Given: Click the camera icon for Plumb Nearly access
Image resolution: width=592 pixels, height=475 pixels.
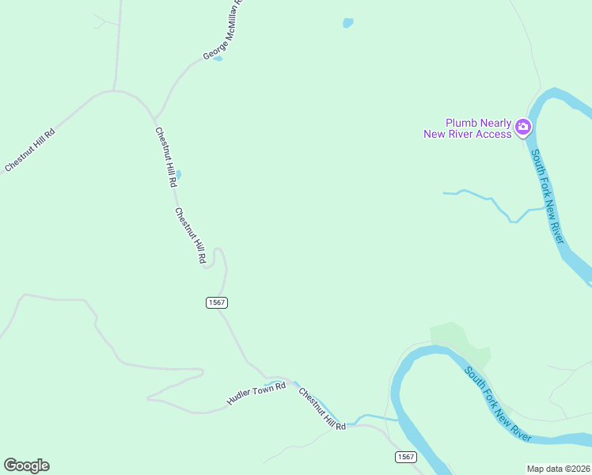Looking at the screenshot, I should tap(522, 127).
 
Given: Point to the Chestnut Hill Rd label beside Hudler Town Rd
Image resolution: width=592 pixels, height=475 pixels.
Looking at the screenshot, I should tap(322, 408).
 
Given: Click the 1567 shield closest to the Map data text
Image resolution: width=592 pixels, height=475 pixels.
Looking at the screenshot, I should tap(404, 458).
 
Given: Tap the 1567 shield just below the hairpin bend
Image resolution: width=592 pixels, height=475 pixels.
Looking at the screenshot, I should tap(217, 302).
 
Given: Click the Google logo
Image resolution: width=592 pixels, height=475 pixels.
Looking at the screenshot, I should tap(26, 465).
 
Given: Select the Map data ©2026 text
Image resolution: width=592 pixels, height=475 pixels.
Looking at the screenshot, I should tap(559, 469).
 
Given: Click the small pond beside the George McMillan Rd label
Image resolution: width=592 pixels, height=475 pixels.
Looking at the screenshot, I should tap(218, 58).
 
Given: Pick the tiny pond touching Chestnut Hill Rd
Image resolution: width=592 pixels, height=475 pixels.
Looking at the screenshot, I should tap(179, 174).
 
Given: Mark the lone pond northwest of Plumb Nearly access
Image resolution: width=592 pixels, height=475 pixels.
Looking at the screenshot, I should tap(347, 23).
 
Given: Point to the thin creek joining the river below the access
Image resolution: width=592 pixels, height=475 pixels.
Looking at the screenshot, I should tap(491, 202).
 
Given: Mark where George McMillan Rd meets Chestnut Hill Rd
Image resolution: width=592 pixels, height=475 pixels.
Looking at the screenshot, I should tap(156, 119).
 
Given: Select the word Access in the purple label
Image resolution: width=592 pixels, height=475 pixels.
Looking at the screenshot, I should tap(490, 135).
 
